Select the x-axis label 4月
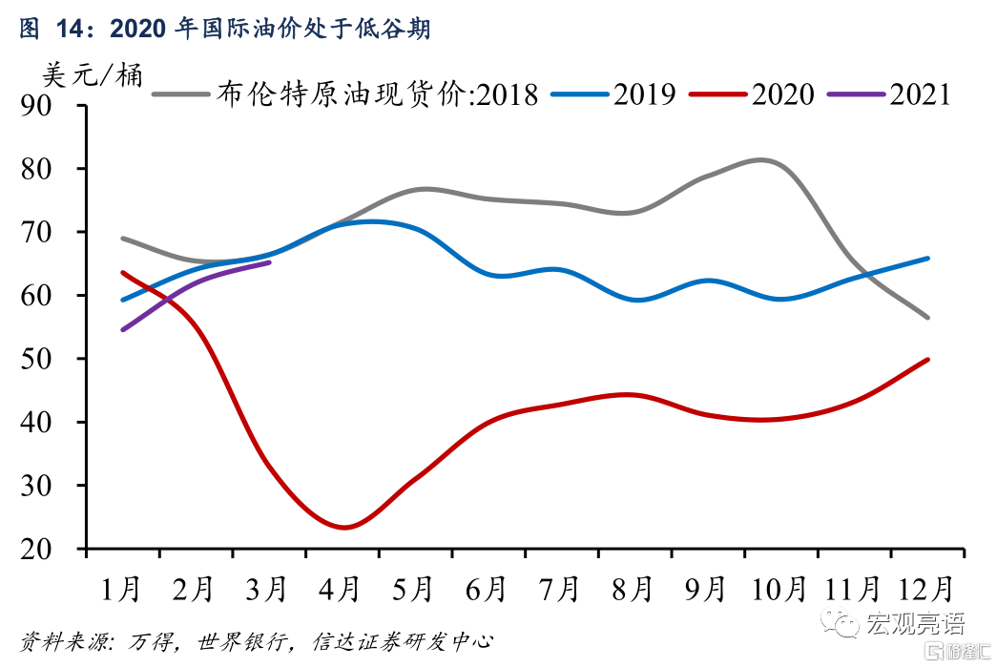click(341, 590)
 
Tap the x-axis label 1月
click(121, 590)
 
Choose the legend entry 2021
click(920, 94)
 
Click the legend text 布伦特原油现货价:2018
click(378, 94)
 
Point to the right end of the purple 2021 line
click(269, 261)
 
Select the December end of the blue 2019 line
click(927, 258)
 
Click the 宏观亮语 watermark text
click(914, 624)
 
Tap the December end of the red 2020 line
click(927, 360)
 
